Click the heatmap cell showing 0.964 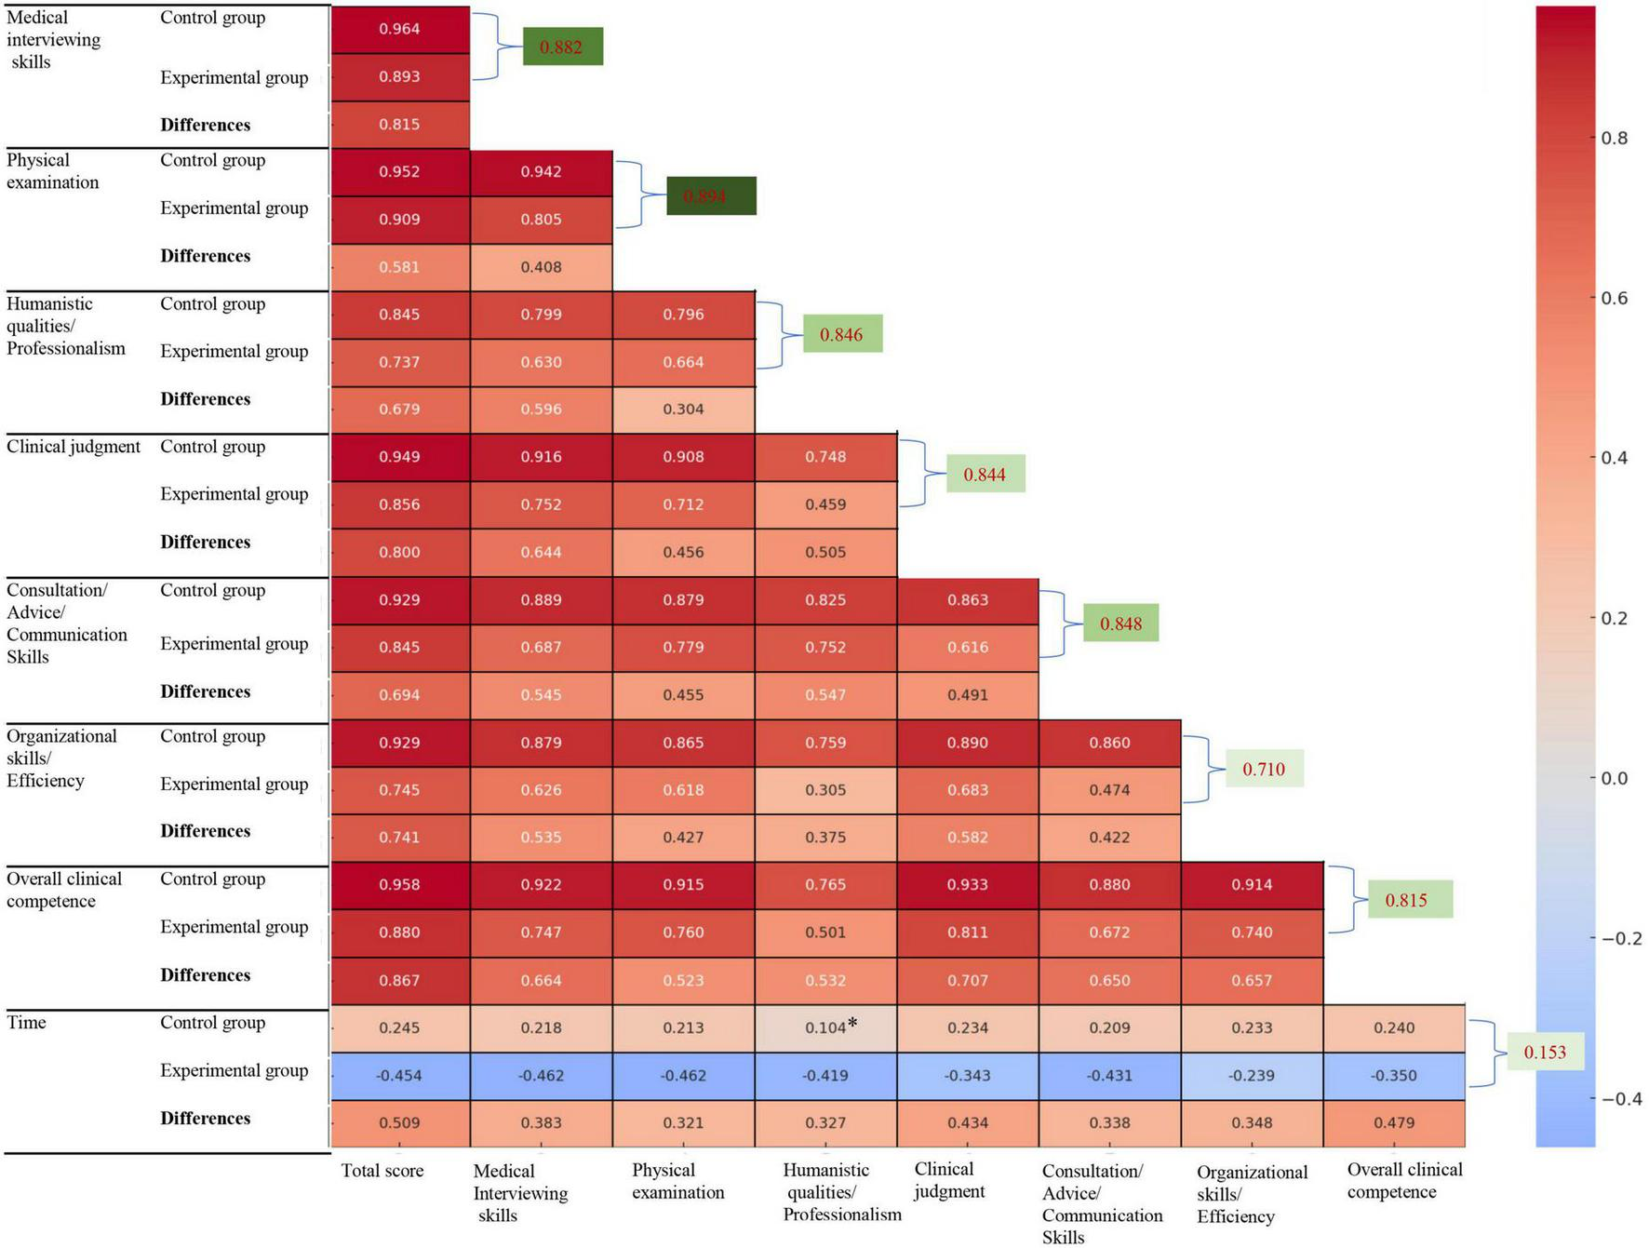pos(400,29)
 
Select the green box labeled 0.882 pos(562,47)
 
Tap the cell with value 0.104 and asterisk pos(826,1027)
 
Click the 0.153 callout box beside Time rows pos(1545,1052)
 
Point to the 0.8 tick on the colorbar pos(1614,138)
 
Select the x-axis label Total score pos(382,1171)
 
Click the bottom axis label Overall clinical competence pos(1403,1180)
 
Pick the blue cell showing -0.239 pos(1252,1075)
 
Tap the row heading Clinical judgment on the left pos(74,447)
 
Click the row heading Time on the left pos(26,1022)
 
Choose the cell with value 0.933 pos(968,884)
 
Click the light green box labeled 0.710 pos(1264,769)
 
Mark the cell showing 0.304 pos(683,409)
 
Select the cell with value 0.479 pos(1394,1122)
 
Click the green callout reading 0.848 pos(1120,624)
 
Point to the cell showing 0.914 pos(1252,884)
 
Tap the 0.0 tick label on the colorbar pos(1614,778)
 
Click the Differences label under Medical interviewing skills pos(205,125)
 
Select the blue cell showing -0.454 pos(400,1075)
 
